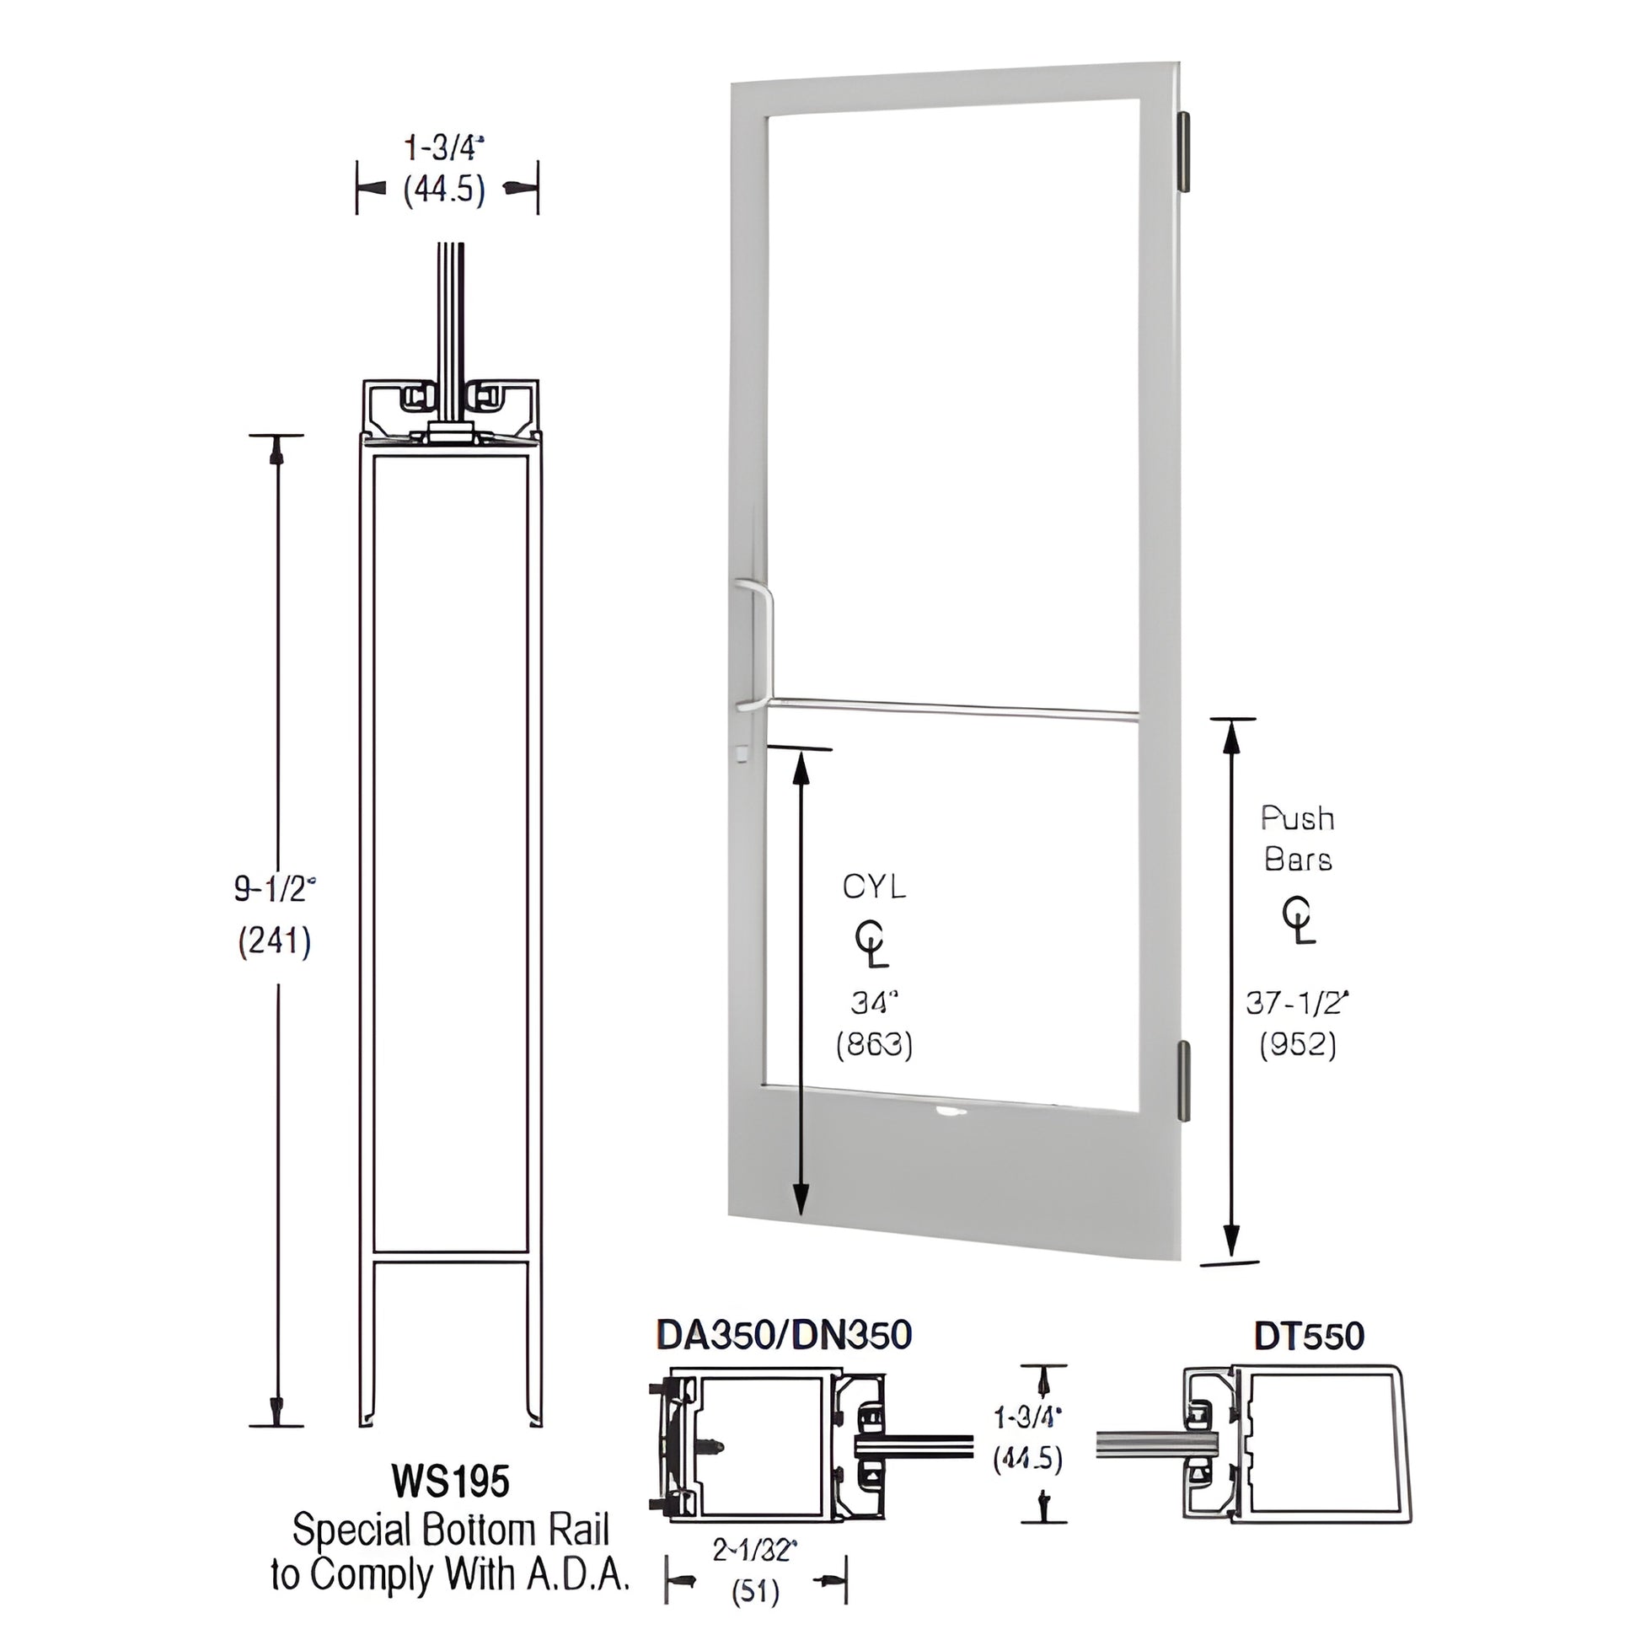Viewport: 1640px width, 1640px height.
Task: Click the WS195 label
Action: (x=451, y=1482)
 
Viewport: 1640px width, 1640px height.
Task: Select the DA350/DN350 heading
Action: (x=784, y=1334)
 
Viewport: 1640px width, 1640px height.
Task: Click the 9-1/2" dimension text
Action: (x=274, y=890)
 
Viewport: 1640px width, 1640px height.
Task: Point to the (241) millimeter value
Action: (x=274, y=941)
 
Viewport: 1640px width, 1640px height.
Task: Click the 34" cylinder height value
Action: (x=874, y=1004)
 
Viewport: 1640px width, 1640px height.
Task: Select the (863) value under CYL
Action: (x=874, y=1045)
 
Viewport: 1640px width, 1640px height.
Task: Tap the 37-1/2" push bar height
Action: (x=1297, y=1004)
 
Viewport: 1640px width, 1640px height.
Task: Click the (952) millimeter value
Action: (x=1297, y=1044)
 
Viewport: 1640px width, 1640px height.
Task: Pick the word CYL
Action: (x=874, y=887)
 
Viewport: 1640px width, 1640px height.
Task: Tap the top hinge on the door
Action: (x=1185, y=151)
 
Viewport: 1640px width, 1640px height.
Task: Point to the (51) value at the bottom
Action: (x=754, y=1592)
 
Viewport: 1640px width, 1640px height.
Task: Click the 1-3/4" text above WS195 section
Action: (x=444, y=148)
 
